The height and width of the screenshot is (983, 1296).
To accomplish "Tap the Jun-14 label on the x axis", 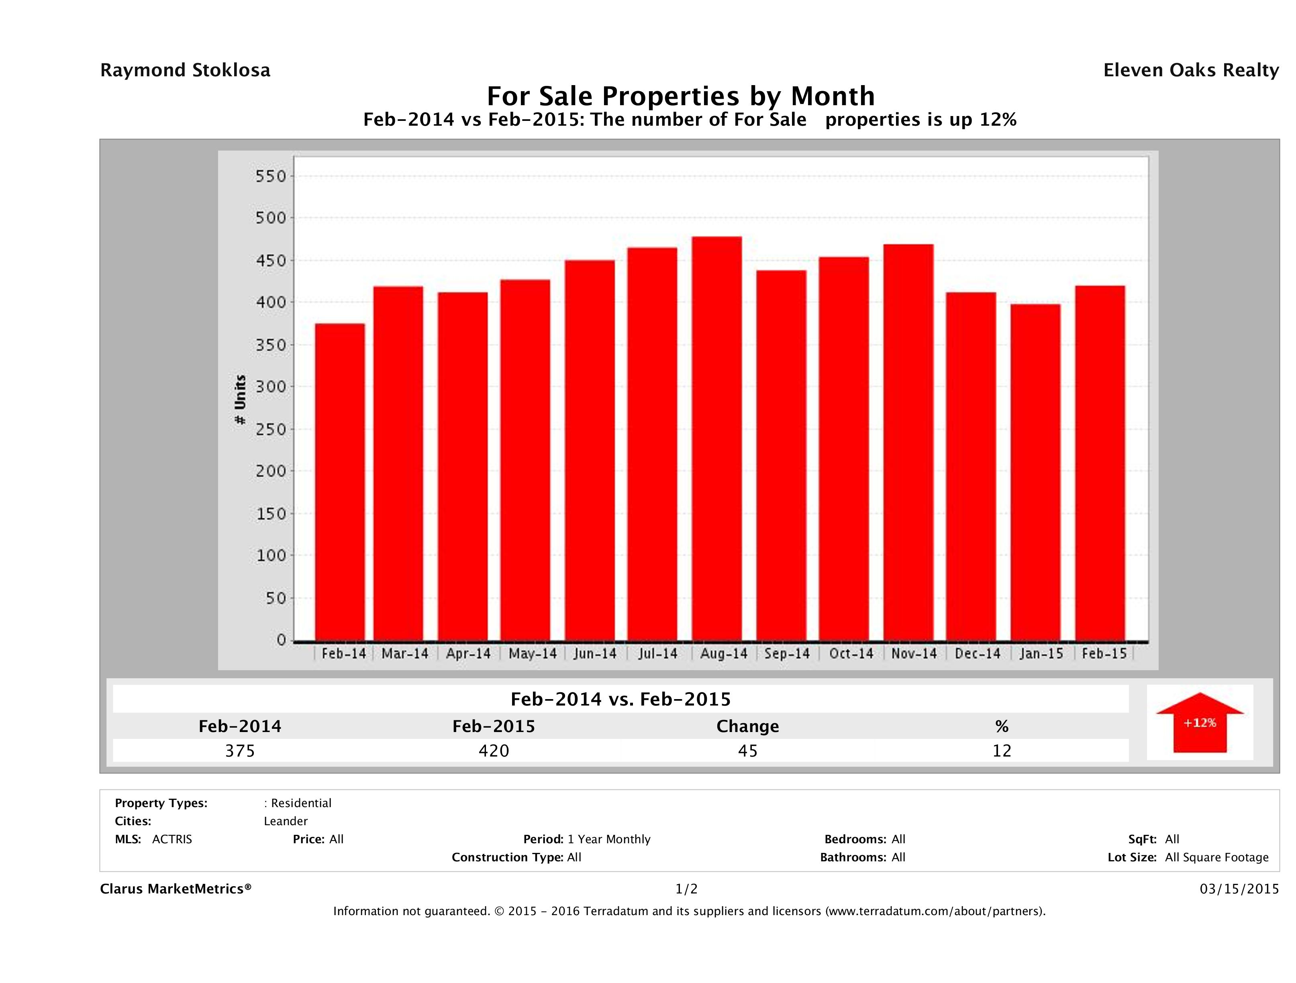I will click(x=595, y=654).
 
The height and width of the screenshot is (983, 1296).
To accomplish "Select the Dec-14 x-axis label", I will click(x=977, y=654).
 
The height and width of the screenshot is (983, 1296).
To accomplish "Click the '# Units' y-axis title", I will click(x=240, y=400).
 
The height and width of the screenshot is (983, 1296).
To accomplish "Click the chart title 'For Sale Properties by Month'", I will click(x=681, y=96).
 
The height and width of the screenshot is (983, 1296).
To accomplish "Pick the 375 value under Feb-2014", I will click(x=240, y=751).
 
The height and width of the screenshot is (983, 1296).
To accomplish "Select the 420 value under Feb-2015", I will click(x=494, y=751).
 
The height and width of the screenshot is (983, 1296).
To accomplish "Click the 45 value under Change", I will click(x=748, y=751).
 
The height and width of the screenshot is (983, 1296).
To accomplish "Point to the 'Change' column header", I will click(x=748, y=726).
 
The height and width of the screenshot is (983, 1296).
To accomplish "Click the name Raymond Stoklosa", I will click(x=185, y=70).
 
